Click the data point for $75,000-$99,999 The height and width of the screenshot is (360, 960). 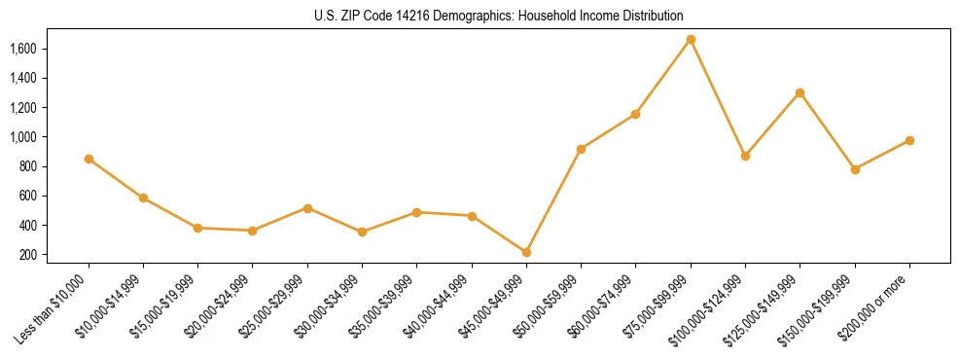pyautogui.click(x=691, y=40)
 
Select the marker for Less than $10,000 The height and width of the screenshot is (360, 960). pyautogui.click(x=89, y=159)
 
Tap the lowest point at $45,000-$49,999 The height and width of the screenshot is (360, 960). pyautogui.click(x=526, y=252)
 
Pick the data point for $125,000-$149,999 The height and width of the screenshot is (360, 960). pyautogui.click(x=800, y=93)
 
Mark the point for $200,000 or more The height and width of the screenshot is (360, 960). pyautogui.click(x=909, y=140)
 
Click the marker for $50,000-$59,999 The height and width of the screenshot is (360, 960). pyautogui.click(x=581, y=149)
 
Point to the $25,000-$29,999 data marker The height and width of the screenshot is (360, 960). pyautogui.click(x=307, y=208)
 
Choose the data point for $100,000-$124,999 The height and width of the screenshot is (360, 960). pyautogui.click(x=745, y=156)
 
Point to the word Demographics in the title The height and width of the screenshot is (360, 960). pyautogui.click(x=470, y=17)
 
